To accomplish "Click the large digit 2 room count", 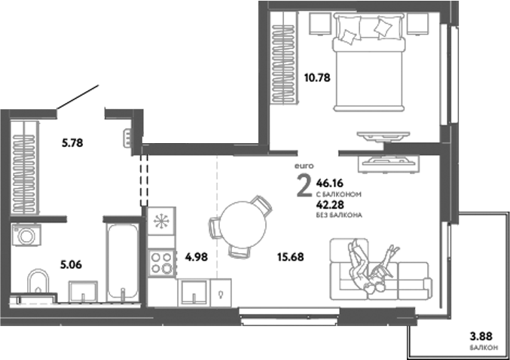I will click(x=304, y=185).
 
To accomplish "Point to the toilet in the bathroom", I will click(x=37, y=284).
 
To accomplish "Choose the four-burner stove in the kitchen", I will click(x=162, y=263).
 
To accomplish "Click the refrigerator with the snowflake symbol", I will click(x=161, y=223).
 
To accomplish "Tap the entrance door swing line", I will click(x=78, y=99).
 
